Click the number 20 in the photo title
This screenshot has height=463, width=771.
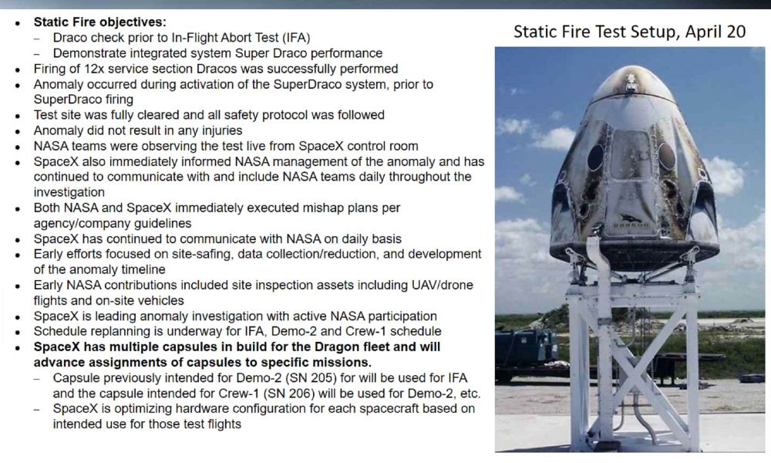pyautogui.click(x=736, y=32)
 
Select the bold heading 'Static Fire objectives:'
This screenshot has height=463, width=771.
pyautogui.click(x=99, y=22)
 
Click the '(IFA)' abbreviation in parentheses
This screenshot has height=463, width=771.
pyautogui.click(x=295, y=37)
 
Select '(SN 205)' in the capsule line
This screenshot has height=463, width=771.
pyautogui.click(x=294, y=378)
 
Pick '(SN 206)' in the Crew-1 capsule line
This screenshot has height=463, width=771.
pyautogui.click(x=295, y=394)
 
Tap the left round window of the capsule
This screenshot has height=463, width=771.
pyautogui.click(x=595, y=157)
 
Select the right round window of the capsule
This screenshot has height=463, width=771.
pyautogui.click(x=667, y=157)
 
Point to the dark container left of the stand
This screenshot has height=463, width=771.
pyautogui.click(x=525, y=351)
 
